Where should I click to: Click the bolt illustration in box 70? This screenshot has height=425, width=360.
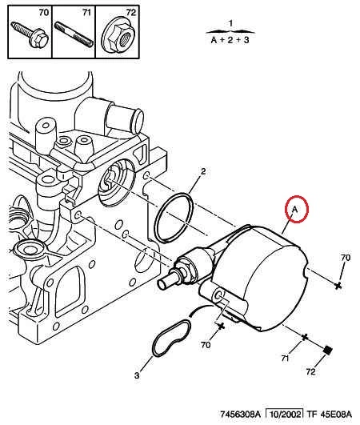pos(30,35)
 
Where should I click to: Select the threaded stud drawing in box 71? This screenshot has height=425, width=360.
pos(74,34)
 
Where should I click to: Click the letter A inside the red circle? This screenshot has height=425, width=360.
pos(294,209)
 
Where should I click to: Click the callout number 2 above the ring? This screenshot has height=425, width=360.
pos(203,171)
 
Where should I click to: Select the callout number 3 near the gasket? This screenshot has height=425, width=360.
pos(137,375)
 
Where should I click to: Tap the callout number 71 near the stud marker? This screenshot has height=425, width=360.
pos(286,359)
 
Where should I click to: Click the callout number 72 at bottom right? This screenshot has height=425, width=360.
pos(311,371)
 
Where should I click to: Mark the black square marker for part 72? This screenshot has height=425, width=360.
pos(328,350)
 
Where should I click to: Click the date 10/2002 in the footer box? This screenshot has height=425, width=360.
pos(284,414)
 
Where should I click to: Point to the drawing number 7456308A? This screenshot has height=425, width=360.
pos(240,414)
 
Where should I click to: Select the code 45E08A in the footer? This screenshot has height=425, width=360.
pos(336,414)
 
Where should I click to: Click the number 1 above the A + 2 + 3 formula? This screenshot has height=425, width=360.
pos(230,23)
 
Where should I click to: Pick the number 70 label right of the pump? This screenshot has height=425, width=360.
pos(346,258)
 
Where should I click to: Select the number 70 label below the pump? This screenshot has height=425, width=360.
pos(206,345)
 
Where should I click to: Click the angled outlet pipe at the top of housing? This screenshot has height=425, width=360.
pos(125,118)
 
